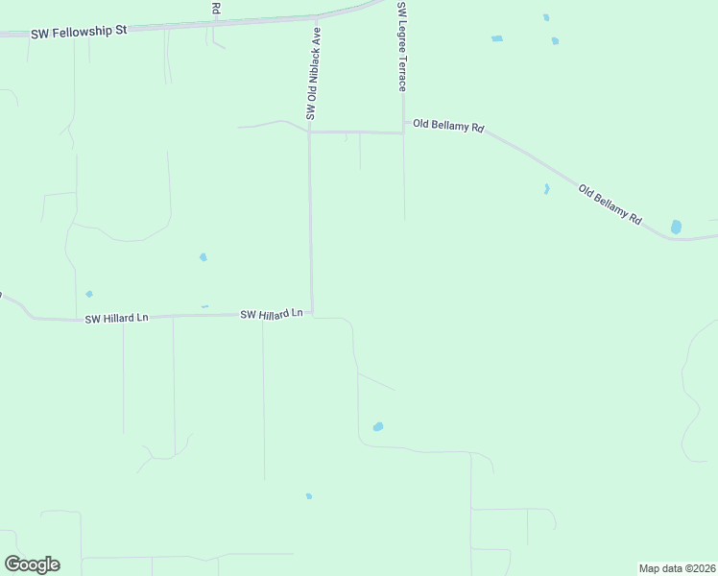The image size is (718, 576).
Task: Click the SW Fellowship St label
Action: [x=81, y=31]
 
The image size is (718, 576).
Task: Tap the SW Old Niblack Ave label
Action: [x=312, y=74]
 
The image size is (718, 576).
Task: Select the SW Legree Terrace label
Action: [x=402, y=46]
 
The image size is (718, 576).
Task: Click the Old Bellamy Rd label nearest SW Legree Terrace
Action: [x=448, y=126]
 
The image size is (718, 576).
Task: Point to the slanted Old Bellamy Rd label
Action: [x=610, y=204]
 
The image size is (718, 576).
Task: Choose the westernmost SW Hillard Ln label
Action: [x=116, y=319]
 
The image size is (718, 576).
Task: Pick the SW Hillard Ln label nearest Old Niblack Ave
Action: [x=272, y=314]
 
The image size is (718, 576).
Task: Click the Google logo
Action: [x=32, y=564]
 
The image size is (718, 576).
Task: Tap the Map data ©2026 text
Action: [x=677, y=568]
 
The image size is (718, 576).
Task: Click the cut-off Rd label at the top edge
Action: [x=216, y=9]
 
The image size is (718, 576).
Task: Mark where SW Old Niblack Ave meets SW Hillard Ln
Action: [x=312, y=313]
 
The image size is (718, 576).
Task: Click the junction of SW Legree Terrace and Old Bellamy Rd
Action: [x=403, y=132]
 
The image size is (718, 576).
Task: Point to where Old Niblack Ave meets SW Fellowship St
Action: [x=317, y=17]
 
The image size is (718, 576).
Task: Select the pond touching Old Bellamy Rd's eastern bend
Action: [x=676, y=228]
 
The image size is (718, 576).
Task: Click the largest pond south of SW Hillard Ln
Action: [x=378, y=426]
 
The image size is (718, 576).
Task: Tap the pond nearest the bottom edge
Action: [x=308, y=496]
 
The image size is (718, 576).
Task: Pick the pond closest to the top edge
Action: [x=546, y=17]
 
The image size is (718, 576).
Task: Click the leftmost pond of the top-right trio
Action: [x=496, y=38]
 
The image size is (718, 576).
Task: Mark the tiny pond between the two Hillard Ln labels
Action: [x=204, y=306]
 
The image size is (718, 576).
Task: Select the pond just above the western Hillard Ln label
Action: [x=89, y=294]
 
